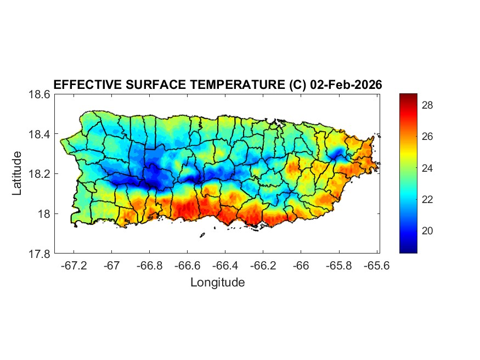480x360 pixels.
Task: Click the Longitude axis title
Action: coord(217,283)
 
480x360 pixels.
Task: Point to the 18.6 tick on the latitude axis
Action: coord(39,94)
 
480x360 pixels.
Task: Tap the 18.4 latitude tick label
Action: coord(39,134)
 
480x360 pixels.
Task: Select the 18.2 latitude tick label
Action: coord(39,174)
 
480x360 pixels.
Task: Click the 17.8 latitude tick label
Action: coord(39,254)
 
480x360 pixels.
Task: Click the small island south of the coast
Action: coord(202,235)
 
